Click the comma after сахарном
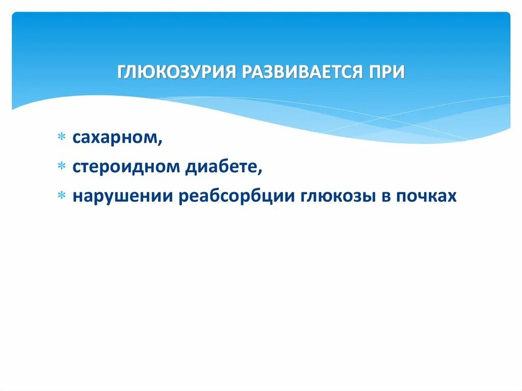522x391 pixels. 161,143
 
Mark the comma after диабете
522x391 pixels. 260,172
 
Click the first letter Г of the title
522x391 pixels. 122,72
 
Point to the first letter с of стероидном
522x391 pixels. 76,168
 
